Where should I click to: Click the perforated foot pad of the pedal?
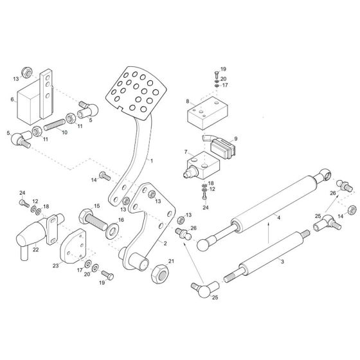coord(134,92)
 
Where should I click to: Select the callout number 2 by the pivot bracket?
coord(165,244)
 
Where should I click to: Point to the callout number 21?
coord(170,260)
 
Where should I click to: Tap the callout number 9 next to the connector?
coord(236,138)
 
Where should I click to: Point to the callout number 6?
coord(12,100)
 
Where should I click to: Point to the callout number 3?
coord(282,262)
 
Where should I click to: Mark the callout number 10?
coord(64,133)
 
